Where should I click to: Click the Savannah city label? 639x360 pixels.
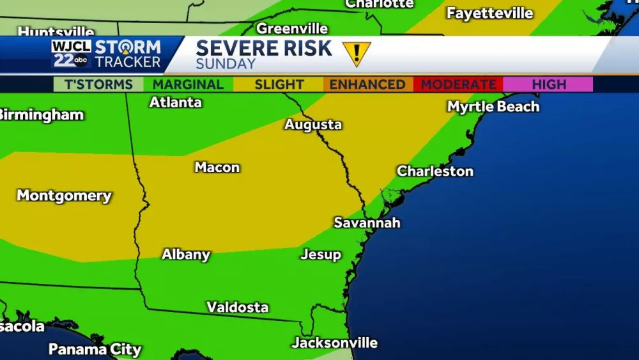[x=367, y=223]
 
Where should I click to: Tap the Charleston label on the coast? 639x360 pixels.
[x=435, y=171]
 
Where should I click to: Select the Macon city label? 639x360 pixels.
[x=217, y=168]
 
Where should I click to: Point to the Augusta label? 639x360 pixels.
[x=313, y=125]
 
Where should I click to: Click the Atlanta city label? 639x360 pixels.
[x=176, y=102]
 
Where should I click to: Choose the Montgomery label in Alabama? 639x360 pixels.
[x=64, y=196]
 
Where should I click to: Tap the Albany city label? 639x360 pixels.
[x=186, y=254]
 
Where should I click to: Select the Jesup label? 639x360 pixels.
[x=321, y=254]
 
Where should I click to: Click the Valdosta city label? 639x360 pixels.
[x=237, y=308]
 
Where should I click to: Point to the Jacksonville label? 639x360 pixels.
[x=335, y=343]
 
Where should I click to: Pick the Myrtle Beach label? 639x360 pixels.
[x=493, y=107]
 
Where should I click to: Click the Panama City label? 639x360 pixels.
[x=95, y=349]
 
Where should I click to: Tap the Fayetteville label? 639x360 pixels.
[x=489, y=13]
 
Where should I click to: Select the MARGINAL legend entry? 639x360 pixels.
[x=189, y=84]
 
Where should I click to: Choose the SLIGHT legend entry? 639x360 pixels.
[x=279, y=84]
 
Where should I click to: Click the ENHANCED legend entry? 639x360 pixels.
[x=367, y=84]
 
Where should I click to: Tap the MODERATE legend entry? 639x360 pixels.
[x=458, y=84]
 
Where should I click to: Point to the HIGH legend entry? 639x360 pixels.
[x=548, y=84]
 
